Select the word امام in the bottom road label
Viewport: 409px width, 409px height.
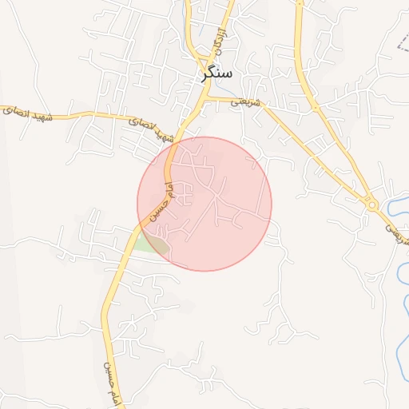[111, 396]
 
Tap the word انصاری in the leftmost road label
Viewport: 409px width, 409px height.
[18, 111]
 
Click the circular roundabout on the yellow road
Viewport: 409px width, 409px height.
[372, 204]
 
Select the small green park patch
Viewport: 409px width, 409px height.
[149, 243]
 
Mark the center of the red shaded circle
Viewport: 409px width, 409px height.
[204, 204]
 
